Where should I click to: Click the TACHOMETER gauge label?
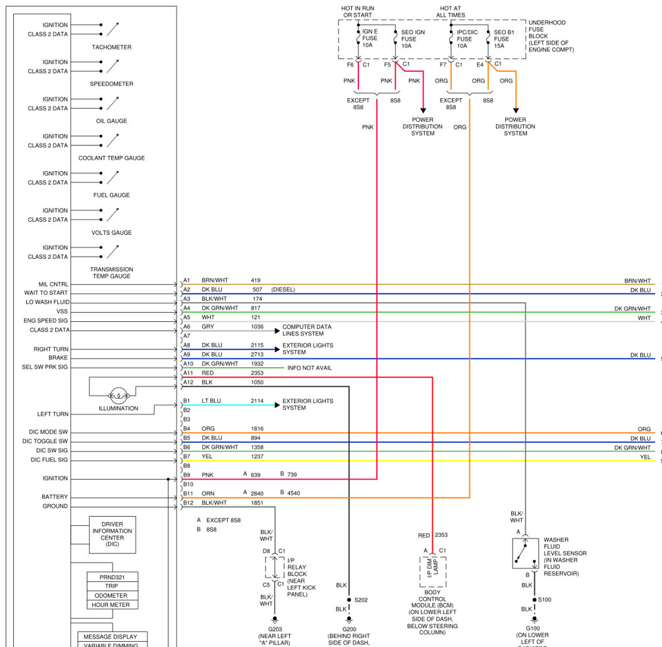[x=111, y=47]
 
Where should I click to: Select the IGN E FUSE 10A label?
[x=371, y=39]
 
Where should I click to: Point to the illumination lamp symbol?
[x=119, y=395]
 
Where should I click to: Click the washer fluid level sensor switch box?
[x=526, y=553]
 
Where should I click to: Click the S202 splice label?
[x=361, y=600]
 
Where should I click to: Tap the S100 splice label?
[x=545, y=600]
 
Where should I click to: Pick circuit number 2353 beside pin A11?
[x=257, y=373]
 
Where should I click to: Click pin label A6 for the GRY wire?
[x=186, y=326]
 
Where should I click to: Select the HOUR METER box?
[x=113, y=604]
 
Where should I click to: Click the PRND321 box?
[x=113, y=577]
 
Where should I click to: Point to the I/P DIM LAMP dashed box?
[x=433, y=571]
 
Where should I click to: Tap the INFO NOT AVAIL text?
[x=310, y=368]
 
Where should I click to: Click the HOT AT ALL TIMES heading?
[x=452, y=11]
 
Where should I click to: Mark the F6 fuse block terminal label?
[x=350, y=65]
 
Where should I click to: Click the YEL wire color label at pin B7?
[x=206, y=457]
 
